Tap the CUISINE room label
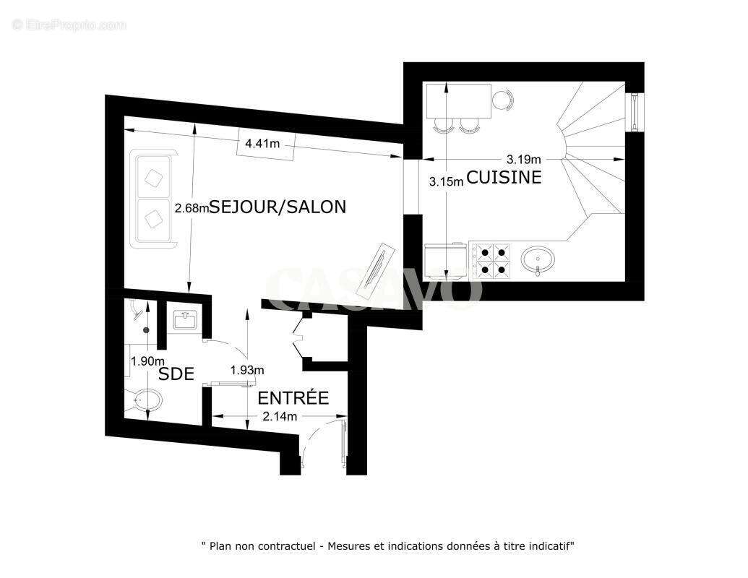point(504,177)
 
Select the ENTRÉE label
point(293,398)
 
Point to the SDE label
point(176,374)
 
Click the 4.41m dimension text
point(262,144)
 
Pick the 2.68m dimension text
point(192,208)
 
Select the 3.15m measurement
point(445,182)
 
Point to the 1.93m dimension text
point(246,370)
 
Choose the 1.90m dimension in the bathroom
point(147,361)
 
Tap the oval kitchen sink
point(538,258)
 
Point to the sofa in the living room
point(152,198)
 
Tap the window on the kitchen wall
point(635,113)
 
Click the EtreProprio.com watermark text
point(69,25)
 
